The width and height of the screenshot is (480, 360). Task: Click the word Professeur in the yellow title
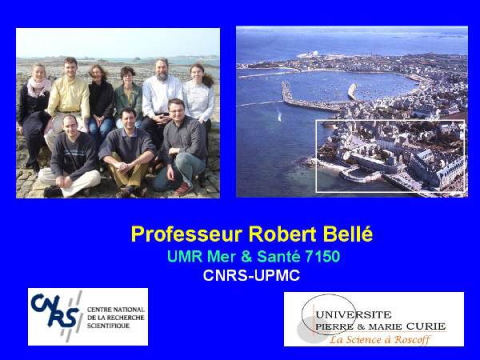(186, 234)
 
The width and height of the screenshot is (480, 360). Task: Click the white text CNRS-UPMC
(251, 275)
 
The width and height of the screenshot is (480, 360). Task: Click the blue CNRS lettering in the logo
(55, 310)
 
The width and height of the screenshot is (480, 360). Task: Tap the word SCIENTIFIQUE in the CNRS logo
(108, 326)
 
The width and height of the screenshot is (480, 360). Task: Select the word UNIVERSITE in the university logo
(354, 314)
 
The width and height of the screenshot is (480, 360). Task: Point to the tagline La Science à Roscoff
(380, 339)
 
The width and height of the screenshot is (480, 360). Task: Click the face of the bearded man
(162, 70)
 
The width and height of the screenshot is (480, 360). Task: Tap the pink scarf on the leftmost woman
(38, 86)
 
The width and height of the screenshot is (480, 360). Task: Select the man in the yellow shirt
(67, 98)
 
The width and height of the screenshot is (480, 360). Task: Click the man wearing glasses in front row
(182, 147)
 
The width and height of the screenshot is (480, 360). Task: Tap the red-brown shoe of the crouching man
(183, 189)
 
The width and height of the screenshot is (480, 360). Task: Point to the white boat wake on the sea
(279, 116)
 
